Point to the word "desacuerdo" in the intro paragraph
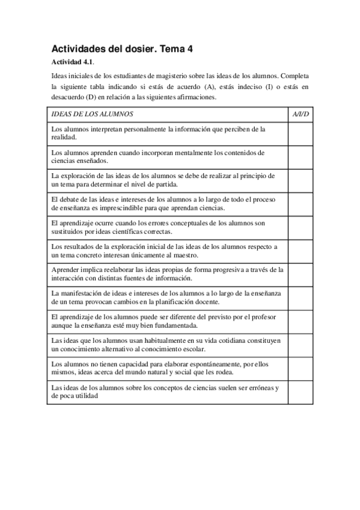68,97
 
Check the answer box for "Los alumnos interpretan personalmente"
301,133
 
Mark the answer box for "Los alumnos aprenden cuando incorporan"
301,156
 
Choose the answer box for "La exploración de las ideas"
301,180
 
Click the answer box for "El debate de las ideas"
301,203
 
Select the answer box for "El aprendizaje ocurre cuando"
301,227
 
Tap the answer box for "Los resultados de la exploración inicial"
301,250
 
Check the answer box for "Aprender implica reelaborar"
301,274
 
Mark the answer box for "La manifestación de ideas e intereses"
301,297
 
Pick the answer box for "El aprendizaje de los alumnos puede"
301,321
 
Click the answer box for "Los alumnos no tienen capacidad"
301,367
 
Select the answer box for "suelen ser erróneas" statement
301,392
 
